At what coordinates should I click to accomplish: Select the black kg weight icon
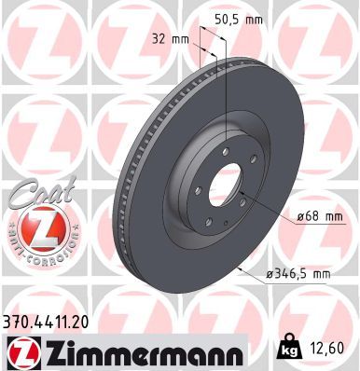tap(286, 349)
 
